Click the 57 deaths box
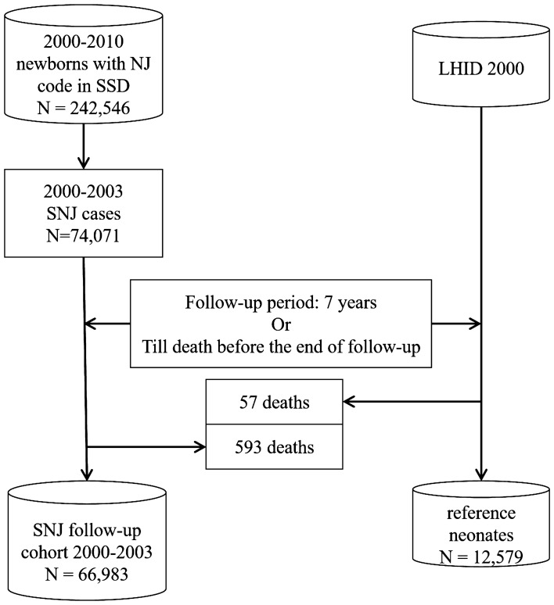tap(274, 403)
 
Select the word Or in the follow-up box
tap(280, 323)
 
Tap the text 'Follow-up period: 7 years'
tap(280, 301)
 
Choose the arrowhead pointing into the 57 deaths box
tap(350, 403)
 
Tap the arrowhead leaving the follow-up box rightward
tap(473, 323)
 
